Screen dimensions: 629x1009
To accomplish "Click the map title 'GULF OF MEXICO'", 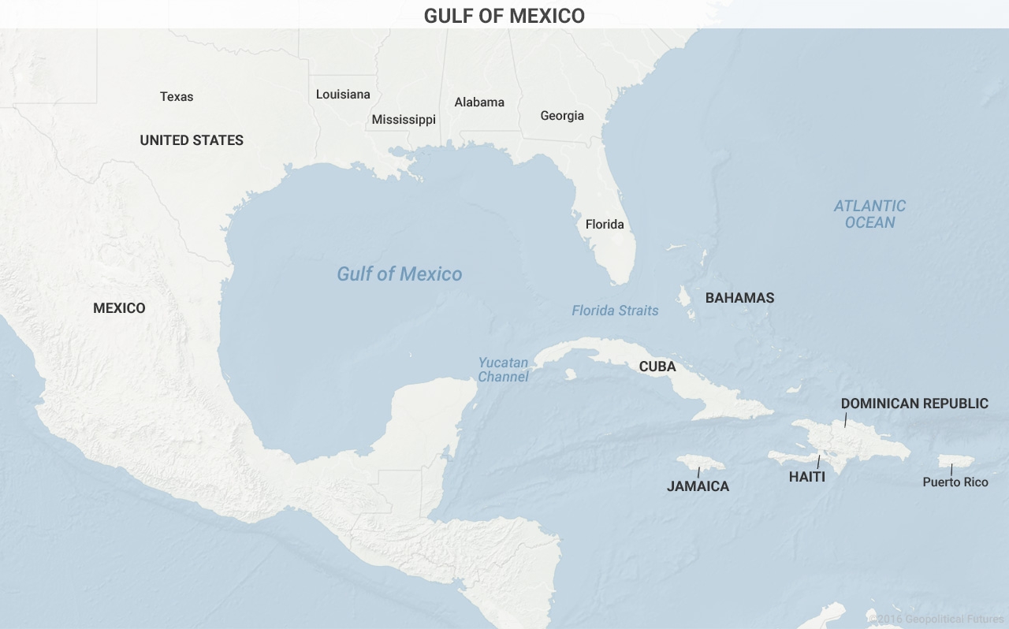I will (504, 16).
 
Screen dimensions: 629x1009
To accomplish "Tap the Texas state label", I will (177, 96).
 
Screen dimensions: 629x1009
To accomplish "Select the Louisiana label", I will (343, 95).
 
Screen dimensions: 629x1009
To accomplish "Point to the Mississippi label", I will (404, 120).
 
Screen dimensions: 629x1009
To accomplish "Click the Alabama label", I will (479, 102).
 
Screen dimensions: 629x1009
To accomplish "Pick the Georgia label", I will (562, 116).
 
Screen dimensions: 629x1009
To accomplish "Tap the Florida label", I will (605, 225).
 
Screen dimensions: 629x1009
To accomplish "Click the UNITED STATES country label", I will (192, 140).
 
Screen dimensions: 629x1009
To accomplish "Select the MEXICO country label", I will (119, 308).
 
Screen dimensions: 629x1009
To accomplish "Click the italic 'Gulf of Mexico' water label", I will (400, 274).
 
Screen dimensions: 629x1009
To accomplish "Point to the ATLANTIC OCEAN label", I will (870, 214).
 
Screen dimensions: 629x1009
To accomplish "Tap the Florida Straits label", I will (615, 311).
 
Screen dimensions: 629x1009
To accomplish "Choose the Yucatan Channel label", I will (504, 370).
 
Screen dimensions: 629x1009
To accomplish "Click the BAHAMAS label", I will (739, 298).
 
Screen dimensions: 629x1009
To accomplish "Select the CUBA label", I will (657, 367).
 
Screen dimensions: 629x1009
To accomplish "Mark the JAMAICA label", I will (698, 486).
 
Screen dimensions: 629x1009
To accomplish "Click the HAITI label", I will (807, 477).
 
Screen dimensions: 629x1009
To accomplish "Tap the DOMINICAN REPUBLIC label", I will (914, 404).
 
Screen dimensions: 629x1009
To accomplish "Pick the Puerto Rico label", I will (955, 482).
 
